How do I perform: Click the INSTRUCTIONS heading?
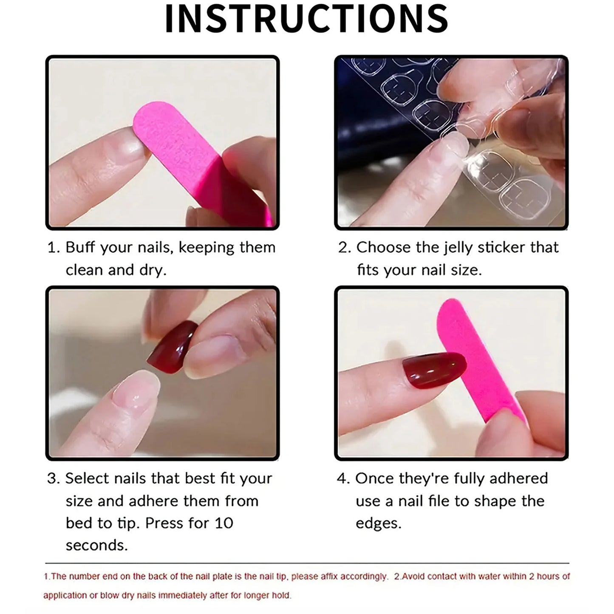(x=306, y=19)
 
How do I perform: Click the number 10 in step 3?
(x=224, y=523)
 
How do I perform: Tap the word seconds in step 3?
(x=96, y=546)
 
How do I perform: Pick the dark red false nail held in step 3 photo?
(x=172, y=347)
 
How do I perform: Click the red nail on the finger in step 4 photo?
(x=434, y=370)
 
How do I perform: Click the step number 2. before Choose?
(x=344, y=248)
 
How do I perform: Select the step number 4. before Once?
(x=343, y=478)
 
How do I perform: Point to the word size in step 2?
(x=466, y=271)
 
